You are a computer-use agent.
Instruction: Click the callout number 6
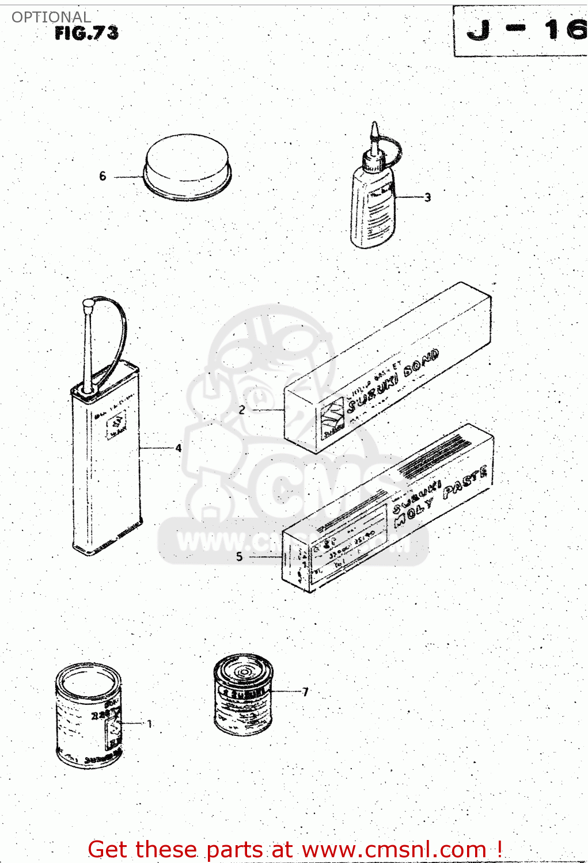103,176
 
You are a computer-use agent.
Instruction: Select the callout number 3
427,197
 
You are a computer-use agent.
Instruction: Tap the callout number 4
179,448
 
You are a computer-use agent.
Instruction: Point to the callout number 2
242,410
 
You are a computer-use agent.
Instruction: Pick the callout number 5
240,556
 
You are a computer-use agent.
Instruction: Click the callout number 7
305,692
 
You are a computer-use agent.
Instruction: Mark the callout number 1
150,724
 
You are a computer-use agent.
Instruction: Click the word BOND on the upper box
422,362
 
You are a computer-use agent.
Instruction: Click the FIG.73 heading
86,33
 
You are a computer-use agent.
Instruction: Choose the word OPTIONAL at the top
51,17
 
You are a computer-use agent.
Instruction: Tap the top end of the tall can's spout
88,303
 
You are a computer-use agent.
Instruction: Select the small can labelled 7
243,694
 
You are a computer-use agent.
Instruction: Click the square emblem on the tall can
117,427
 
